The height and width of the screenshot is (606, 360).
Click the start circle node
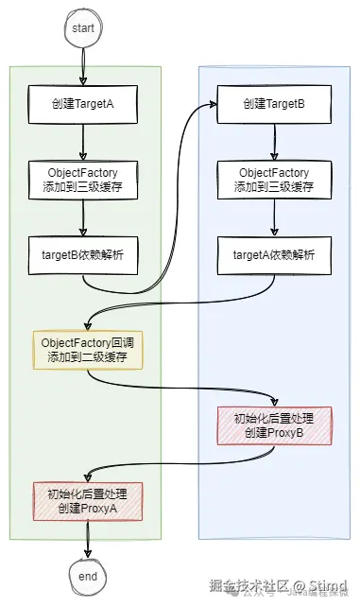pyautogui.click(x=83, y=28)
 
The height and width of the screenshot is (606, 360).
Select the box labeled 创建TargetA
pyautogui.click(x=85, y=105)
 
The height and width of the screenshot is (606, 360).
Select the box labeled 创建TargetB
pyautogui.click(x=273, y=105)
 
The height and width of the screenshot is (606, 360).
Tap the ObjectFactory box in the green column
pyautogui.click(x=85, y=180)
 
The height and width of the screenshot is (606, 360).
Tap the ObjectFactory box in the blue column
pyautogui.click(x=273, y=180)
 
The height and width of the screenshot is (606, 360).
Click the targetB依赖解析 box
pyautogui.click(x=85, y=254)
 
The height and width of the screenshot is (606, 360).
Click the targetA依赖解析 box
pyautogui.click(x=273, y=254)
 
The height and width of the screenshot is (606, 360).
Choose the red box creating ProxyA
pyautogui.click(x=87, y=499)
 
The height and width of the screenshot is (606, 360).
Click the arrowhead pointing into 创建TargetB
pyautogui.click(x=212, y=106)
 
